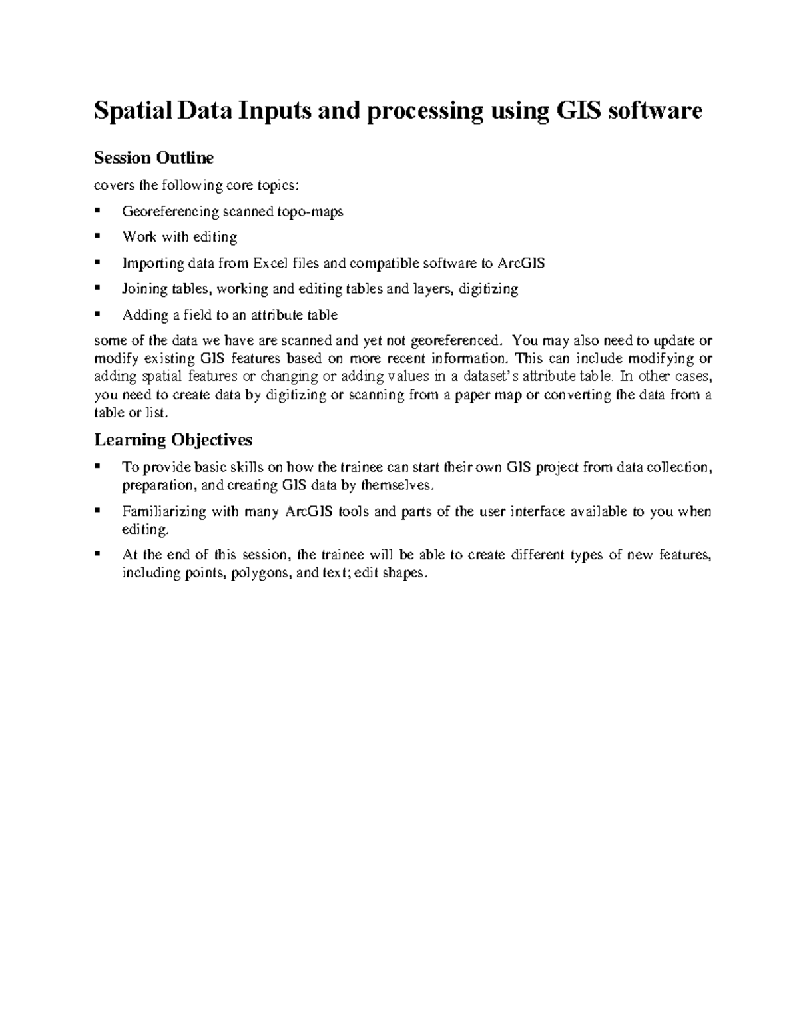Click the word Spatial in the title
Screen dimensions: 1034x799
132,111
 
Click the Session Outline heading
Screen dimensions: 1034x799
154,158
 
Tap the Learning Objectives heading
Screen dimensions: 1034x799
173,440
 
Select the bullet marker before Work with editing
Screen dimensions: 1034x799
98,236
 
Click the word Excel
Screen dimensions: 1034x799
272,264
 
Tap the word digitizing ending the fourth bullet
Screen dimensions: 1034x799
487,289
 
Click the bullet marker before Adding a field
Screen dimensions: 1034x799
98,314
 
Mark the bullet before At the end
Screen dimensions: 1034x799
98,555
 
